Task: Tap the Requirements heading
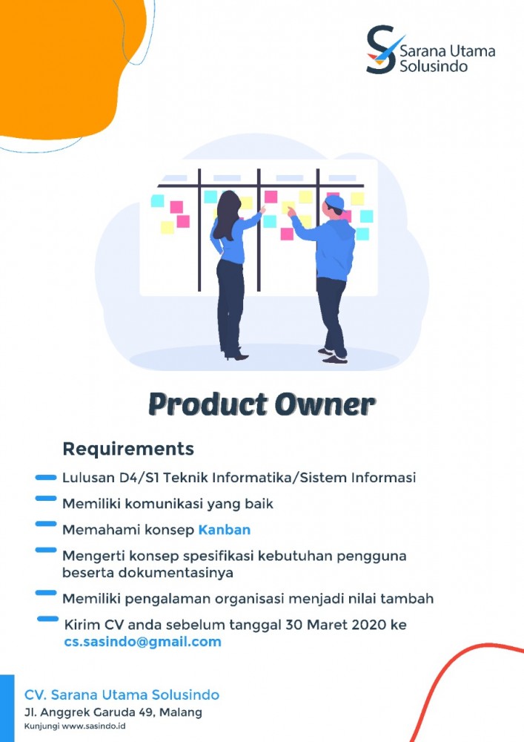(128, 449)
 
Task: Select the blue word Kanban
(224, 530)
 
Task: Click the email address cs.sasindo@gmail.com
(143, 642)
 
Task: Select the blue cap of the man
(335, 201)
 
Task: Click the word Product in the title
(199, 405)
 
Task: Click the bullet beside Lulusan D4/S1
(46, 476)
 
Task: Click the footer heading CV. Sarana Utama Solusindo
(122, 695)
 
